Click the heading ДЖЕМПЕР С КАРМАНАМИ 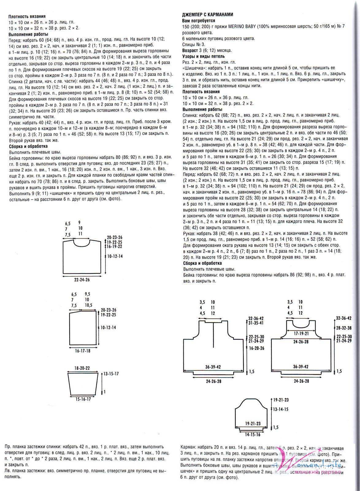pos(208,15)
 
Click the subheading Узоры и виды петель pos(203,56)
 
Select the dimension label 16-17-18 pos(82,350)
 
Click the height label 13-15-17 pos(111,374)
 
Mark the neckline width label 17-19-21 pos(301,333)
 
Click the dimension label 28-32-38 pos(344,328)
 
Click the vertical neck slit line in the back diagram pos(213,336)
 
